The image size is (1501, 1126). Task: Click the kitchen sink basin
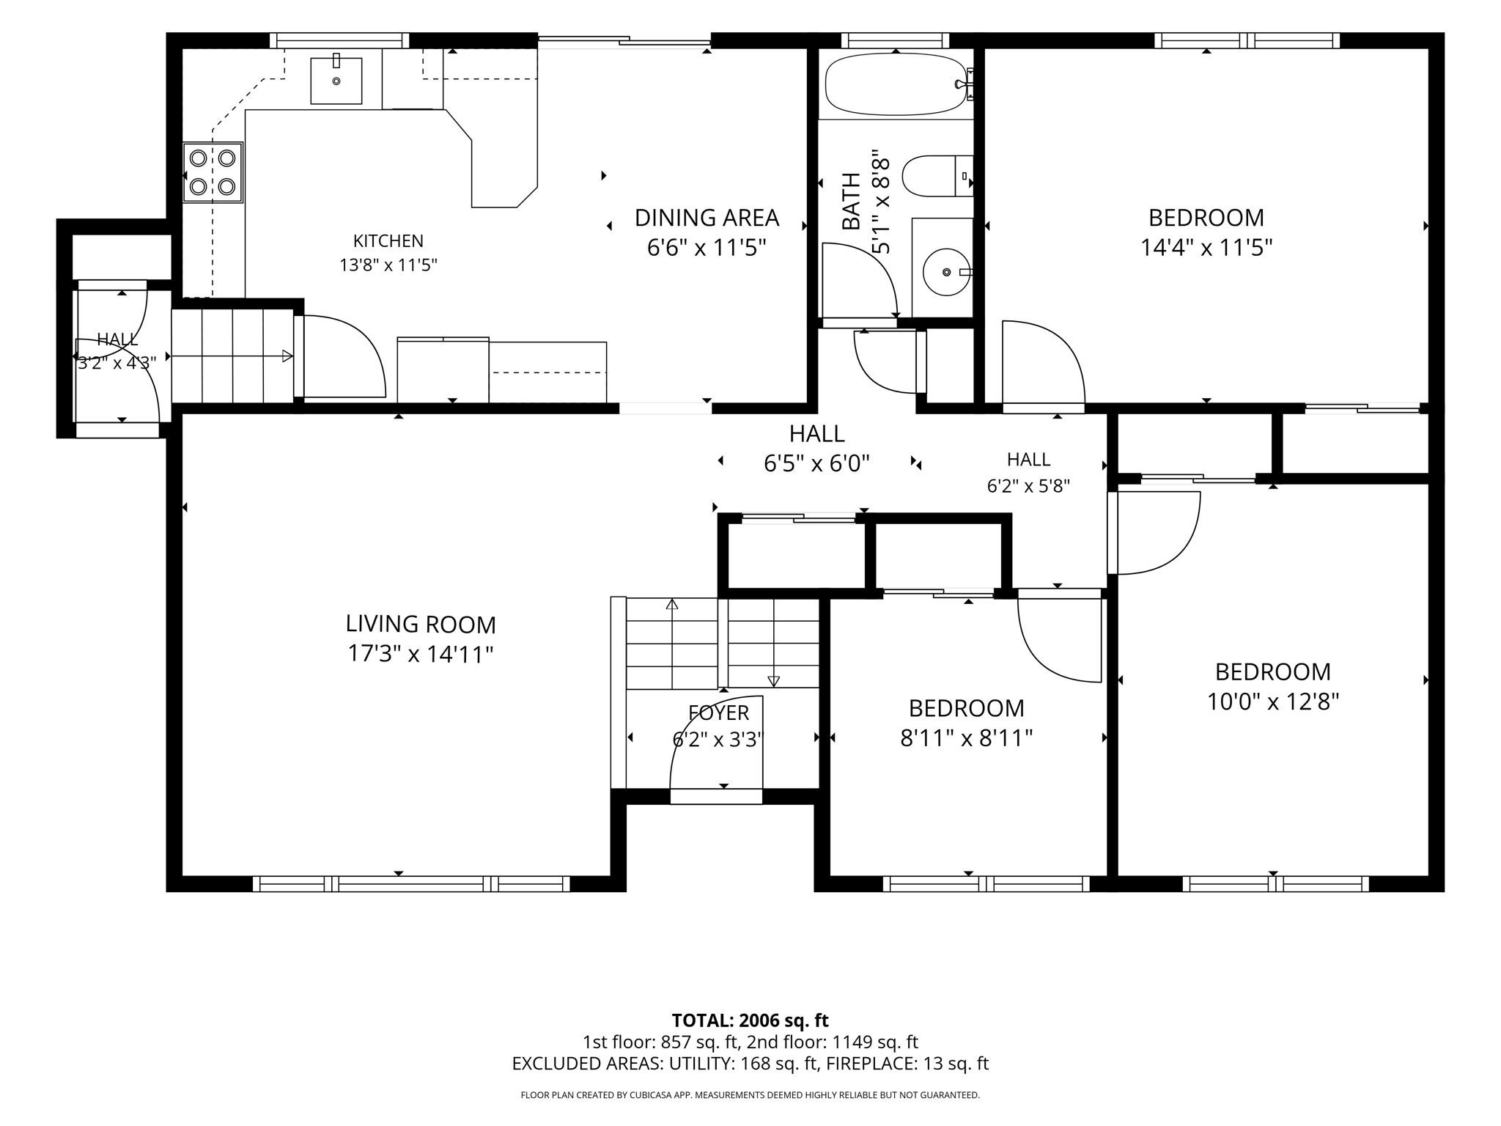click(x=336, y=81)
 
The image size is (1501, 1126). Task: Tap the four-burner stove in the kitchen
click(x=213, y=172)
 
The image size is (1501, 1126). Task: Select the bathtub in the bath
click(x=897, y=84)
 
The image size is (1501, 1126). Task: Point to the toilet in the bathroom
click(x=937, y=176)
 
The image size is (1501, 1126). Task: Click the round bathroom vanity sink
click(x=946, y=272)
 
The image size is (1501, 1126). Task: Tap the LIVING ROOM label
click(x=421, y=625)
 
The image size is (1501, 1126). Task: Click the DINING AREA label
click(x=707, y=218)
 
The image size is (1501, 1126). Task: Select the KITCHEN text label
click(x=388, y=241)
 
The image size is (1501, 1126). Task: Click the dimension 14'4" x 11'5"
click(x=1206, y=248)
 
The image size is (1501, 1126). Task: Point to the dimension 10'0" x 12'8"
click(x=1273, y=702)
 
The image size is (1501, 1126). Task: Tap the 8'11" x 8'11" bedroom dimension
click(x=967, y=738)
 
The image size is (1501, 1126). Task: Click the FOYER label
click(x=719, y=713)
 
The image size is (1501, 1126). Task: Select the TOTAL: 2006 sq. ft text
click(x=750, y=1020)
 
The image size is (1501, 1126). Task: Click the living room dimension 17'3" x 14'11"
click(x=421, y=654)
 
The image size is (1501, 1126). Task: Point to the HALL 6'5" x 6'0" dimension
click(x=816, y=463)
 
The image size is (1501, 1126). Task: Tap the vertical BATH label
click(x=851, y=201)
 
